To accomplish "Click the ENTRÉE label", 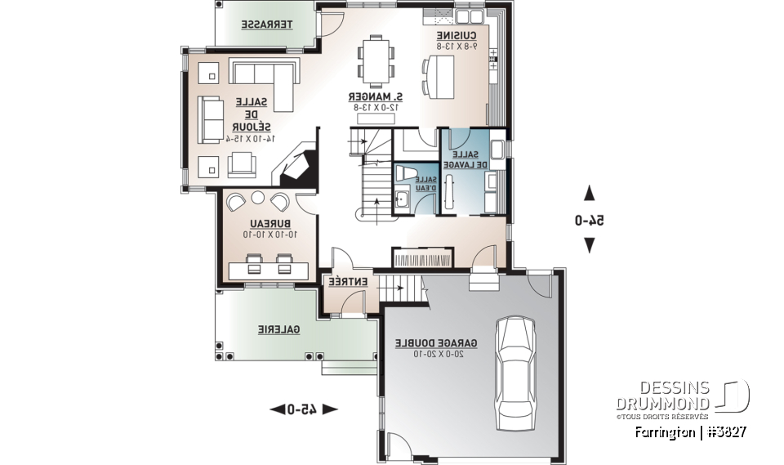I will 347,282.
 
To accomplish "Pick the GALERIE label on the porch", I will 279,329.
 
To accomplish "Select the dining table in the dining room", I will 376,61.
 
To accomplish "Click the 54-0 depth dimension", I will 589,220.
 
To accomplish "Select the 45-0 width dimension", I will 302,409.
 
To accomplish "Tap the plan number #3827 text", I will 722,431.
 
